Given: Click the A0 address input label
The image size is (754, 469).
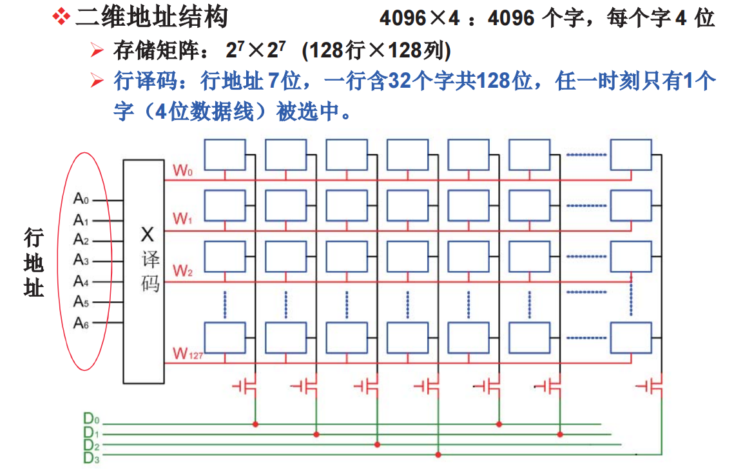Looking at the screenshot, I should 81,200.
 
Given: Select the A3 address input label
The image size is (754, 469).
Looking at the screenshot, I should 81,261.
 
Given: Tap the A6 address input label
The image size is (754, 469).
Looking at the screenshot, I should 81,323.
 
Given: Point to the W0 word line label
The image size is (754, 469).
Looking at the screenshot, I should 183,171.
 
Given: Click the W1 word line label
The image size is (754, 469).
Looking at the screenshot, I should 183,219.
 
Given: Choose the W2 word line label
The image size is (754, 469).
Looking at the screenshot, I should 183,271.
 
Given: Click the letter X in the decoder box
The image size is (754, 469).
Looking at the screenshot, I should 148,234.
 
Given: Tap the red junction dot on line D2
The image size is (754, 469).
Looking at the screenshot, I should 377,444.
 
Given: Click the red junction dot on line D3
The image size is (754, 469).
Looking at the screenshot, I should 438,455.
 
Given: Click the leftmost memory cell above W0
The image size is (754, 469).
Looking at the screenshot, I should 225,155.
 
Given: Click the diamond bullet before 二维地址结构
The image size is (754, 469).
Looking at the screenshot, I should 61,17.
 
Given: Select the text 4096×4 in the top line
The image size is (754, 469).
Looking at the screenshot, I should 420,18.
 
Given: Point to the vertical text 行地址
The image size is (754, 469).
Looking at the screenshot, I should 34,262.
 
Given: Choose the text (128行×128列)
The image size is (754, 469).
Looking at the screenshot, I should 376,50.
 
